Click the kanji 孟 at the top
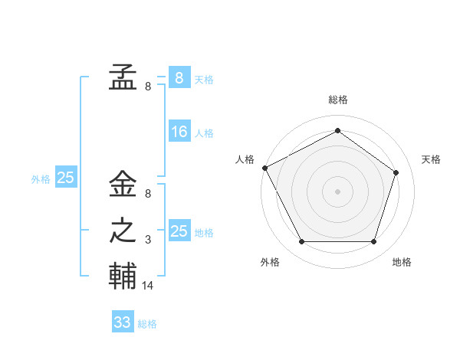coord(123,78)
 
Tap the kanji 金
coord(123,184)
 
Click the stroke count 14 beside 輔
coord(148,285)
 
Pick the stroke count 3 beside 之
coord(148,240)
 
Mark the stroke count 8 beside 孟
coord(148,87)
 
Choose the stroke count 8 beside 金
coord(148,194)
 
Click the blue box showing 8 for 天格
coord(179,78)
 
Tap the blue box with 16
coord(179,132)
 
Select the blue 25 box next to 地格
coord(179,231)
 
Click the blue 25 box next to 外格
coord(65,178)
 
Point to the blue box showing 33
coord(122,322)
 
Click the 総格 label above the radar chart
coord(337,100)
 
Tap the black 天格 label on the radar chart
coord(431,159)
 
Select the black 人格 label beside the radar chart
coord(245,159)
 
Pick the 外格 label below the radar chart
coord(270,262)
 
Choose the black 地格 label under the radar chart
coord(402,262)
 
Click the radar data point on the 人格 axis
coord(264,168)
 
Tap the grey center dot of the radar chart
coord(337,191)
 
